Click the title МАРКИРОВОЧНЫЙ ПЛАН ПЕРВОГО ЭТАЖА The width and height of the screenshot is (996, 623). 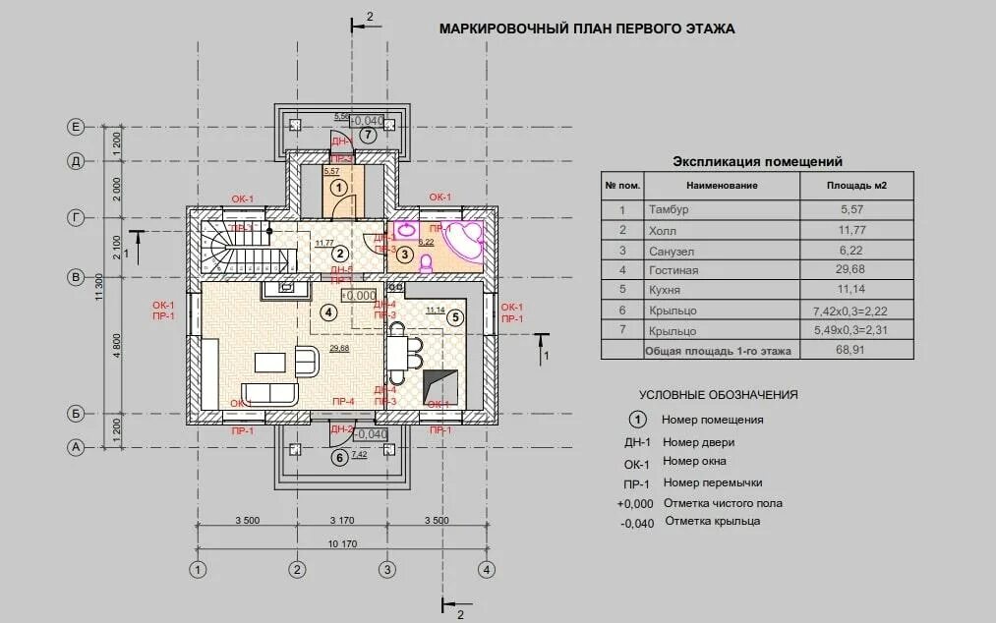[x=586, y=28]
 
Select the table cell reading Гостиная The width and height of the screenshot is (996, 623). [x=674, y=270]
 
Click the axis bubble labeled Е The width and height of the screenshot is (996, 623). [x=75, y=126]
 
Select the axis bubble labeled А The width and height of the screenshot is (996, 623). [x=75, y=447]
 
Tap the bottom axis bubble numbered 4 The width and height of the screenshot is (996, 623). [x=486, y=569]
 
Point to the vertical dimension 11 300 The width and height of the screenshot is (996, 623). [x=99, y=285]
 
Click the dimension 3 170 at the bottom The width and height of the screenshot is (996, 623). [x=343, y=520]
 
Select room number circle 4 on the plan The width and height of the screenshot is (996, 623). [x=328, y=312]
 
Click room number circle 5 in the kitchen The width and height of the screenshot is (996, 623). [x=454, y=317]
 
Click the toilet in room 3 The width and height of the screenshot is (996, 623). [x=426, y=263]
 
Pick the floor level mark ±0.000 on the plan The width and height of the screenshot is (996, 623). [x=359, y=295]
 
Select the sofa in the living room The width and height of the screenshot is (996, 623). [x=271, y=394]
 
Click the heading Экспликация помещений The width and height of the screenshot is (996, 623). [x=756, y=161]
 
